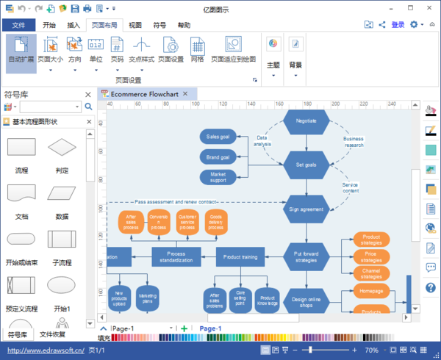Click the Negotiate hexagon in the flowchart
click(x=306, y=121)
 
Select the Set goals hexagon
click(x=306, y=165)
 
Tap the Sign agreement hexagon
click(x=306, y=209)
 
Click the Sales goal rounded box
click(x=218, y=137)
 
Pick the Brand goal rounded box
click(x=218, y=156)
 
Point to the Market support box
click(x=218, y=177)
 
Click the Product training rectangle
click(x=240, y=256)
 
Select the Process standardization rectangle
click(x=176, y=256)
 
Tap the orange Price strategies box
click(x=371, y=256)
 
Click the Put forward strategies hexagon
click(x=306, y=256)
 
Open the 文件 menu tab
click(x=18, y=25)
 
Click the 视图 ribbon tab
click(x=135, y=25)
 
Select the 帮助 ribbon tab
click(x=184, y=25)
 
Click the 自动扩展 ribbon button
click(x=21, y=51)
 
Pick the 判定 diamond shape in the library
click(x=62, y=155)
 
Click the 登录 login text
click(x=398, y=24)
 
